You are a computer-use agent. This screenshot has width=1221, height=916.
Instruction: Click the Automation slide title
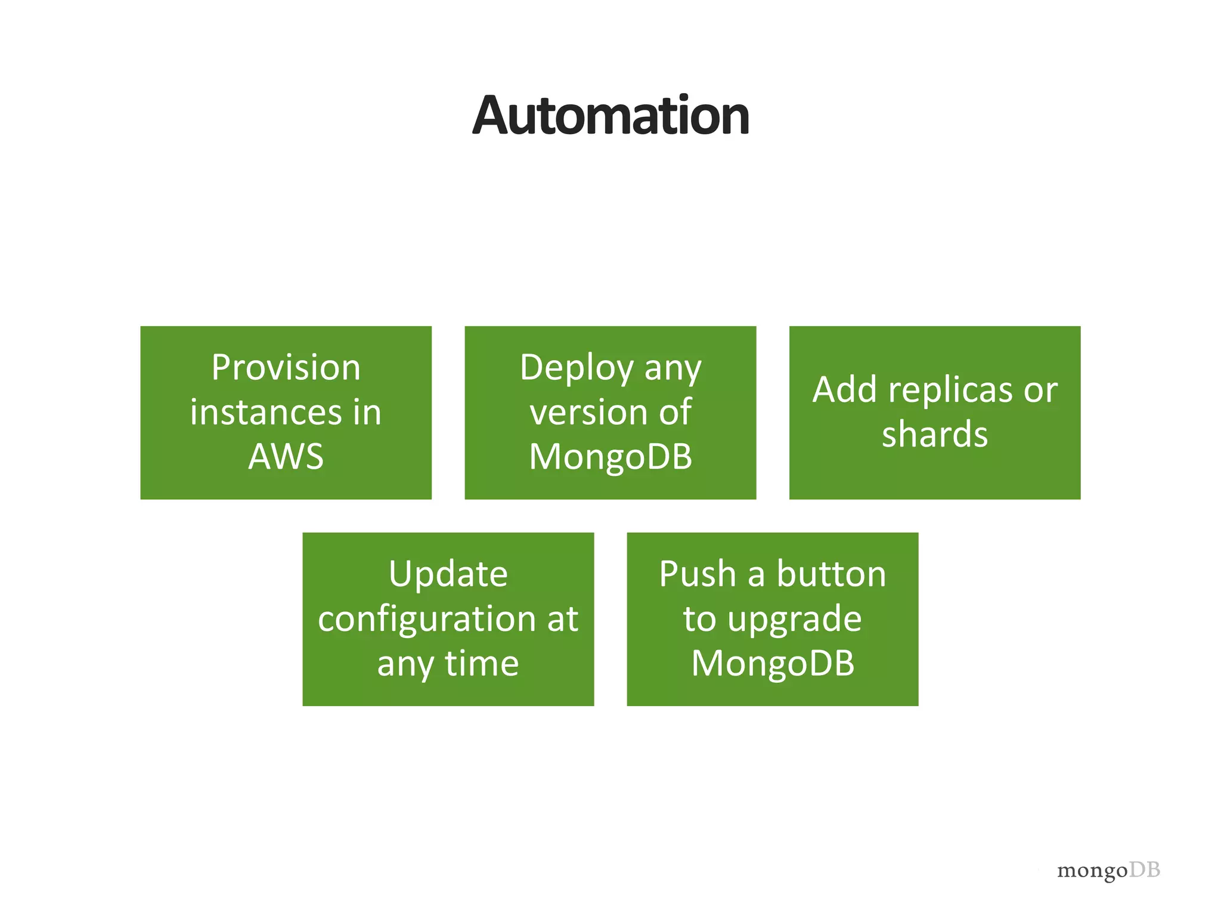point(610,116)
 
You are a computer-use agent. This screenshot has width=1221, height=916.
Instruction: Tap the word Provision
point(286,367)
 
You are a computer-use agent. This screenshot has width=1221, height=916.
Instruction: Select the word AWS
point(286,457)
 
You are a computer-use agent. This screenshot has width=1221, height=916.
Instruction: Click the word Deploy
point(577,369)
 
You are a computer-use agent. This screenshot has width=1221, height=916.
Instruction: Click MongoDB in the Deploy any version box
point(610,457)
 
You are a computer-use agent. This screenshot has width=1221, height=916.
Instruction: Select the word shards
point(934,434)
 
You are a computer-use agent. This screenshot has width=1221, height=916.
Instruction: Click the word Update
point(448,575)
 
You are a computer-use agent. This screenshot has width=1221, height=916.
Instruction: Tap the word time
point(482,663)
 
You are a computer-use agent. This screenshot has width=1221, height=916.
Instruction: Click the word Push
point(698,574)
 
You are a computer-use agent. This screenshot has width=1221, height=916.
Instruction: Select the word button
point(831,574)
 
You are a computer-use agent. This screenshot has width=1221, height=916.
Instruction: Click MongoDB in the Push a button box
point(773,663)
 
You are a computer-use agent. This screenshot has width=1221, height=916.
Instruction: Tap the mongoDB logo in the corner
point(1108,870)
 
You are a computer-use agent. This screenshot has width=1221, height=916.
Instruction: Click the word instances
point(266,412)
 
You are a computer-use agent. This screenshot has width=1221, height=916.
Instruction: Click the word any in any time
point(405,664)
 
